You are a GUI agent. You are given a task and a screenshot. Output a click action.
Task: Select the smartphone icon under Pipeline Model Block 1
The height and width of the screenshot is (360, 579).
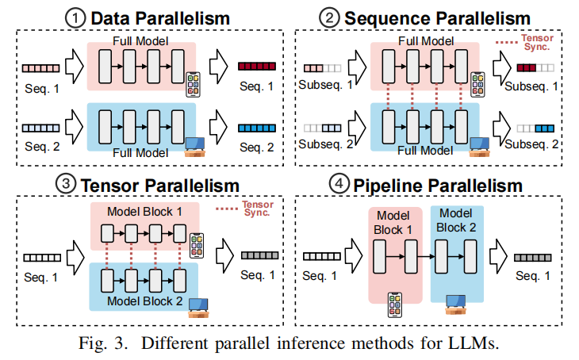click(393, 305)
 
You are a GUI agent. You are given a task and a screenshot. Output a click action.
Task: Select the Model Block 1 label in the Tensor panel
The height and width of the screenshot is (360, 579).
click(148, 213)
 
